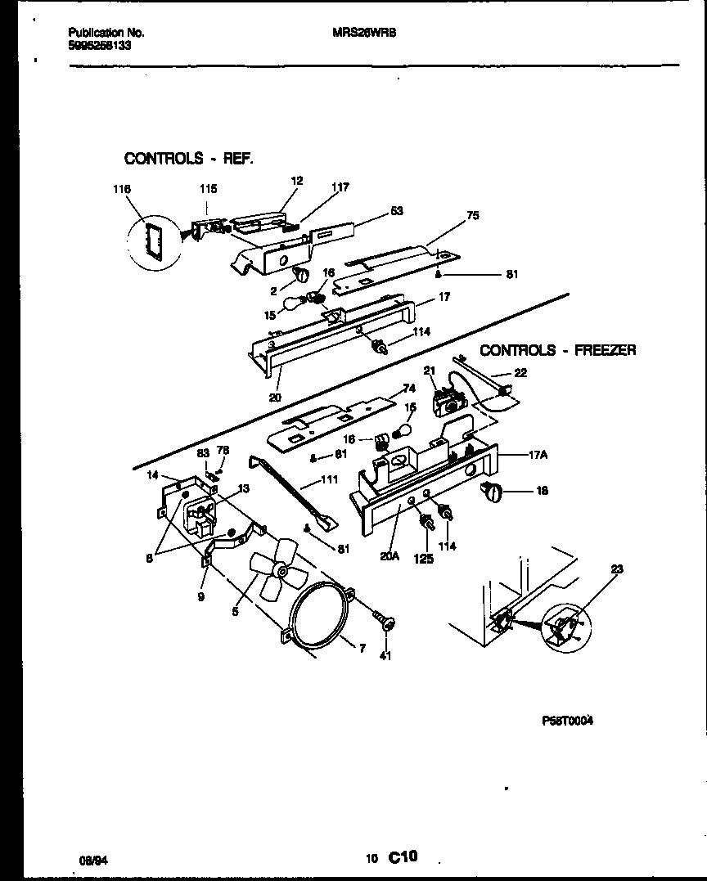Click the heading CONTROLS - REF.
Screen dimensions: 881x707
click(188, 158)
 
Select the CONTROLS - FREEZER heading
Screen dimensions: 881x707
click(557, 350)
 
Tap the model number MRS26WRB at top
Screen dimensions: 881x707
click(365, 34)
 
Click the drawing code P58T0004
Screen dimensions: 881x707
click(567, 721)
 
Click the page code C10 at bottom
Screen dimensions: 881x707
click(403, 857)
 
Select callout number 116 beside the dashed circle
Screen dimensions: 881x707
click(122, 189)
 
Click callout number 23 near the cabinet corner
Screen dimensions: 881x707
click(616, 570)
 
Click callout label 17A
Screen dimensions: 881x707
click(537, 456)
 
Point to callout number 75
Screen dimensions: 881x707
click(472, 216)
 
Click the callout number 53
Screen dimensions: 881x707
click(396, 211)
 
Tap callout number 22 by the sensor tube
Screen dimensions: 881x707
click(520, 373)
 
